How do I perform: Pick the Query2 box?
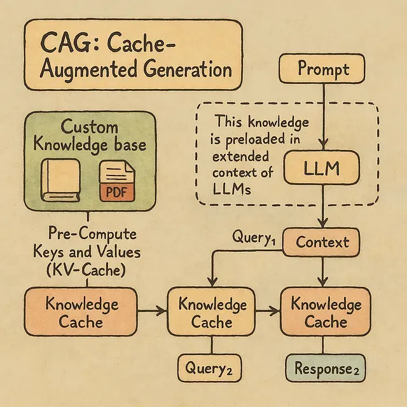(x=209, y=367)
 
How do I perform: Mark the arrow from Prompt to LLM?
(x=324, y=114)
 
